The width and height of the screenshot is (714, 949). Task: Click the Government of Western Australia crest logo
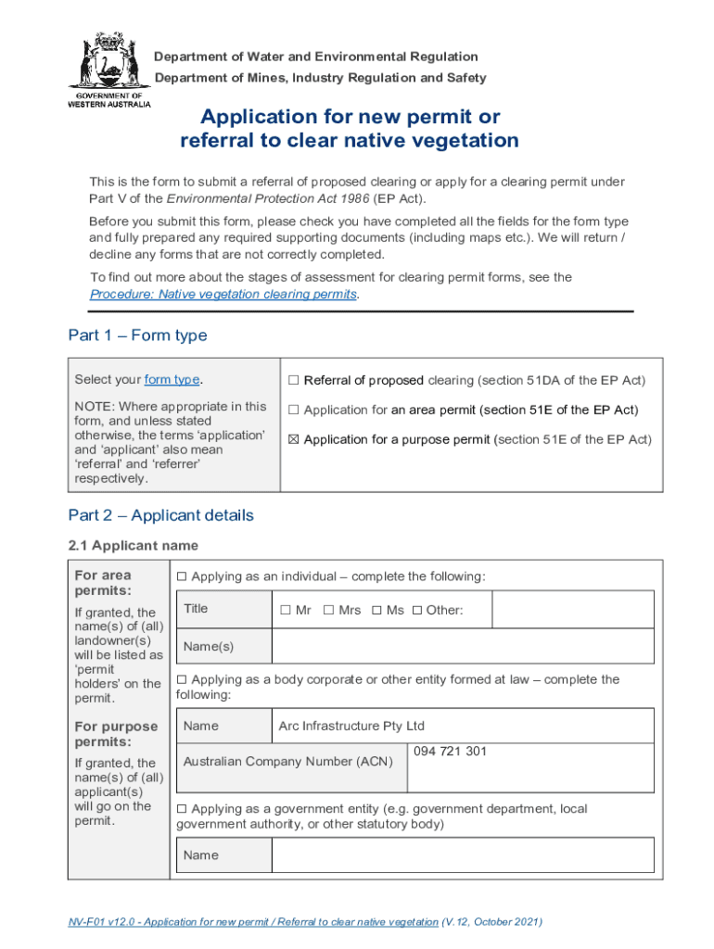click(x=108, y=69)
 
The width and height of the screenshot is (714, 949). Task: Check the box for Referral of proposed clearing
click(x=293, y=381)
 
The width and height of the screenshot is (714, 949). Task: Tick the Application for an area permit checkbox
click(x=293, y=411)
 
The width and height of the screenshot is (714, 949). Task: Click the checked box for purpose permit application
click(x=293, y=440)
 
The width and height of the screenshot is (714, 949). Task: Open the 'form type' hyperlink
click(x=172, y=380)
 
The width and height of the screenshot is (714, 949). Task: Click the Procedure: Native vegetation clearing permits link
click(x=223, y=294)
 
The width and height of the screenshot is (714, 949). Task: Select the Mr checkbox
click(x=286, y=610)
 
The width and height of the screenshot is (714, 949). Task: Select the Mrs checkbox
click(x=329, y=610)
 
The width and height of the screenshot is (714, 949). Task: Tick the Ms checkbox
click(x=376, y=610)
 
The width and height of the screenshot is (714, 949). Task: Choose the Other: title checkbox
click(x=416, y=610)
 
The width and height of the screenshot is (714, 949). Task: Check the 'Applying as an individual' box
click(x=182, y=576)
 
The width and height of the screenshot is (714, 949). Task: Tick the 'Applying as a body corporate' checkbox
click(x=182, y=679)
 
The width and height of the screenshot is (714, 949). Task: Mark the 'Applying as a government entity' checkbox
click(x=182, y=809)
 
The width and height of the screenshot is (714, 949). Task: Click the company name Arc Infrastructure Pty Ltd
click(x=351, y=726)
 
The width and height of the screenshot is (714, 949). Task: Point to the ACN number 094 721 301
click(x=450, y=752)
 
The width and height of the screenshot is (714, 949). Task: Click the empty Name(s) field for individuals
click(x=463, y=646)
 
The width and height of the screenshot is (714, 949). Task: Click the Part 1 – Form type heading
click(x=137, y=335)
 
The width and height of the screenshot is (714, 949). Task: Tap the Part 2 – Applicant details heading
click(x=160, y=515)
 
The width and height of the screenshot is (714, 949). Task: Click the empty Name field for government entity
click(x=463, y=855)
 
